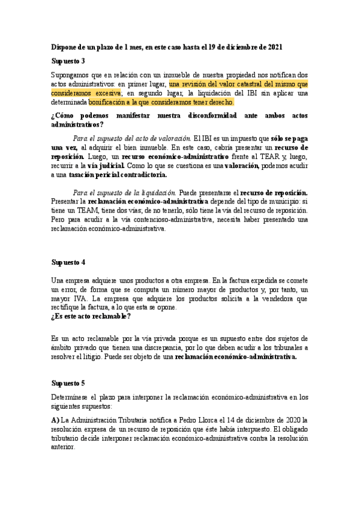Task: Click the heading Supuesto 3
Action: (68, 61)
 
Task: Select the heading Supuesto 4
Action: (68, 262)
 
